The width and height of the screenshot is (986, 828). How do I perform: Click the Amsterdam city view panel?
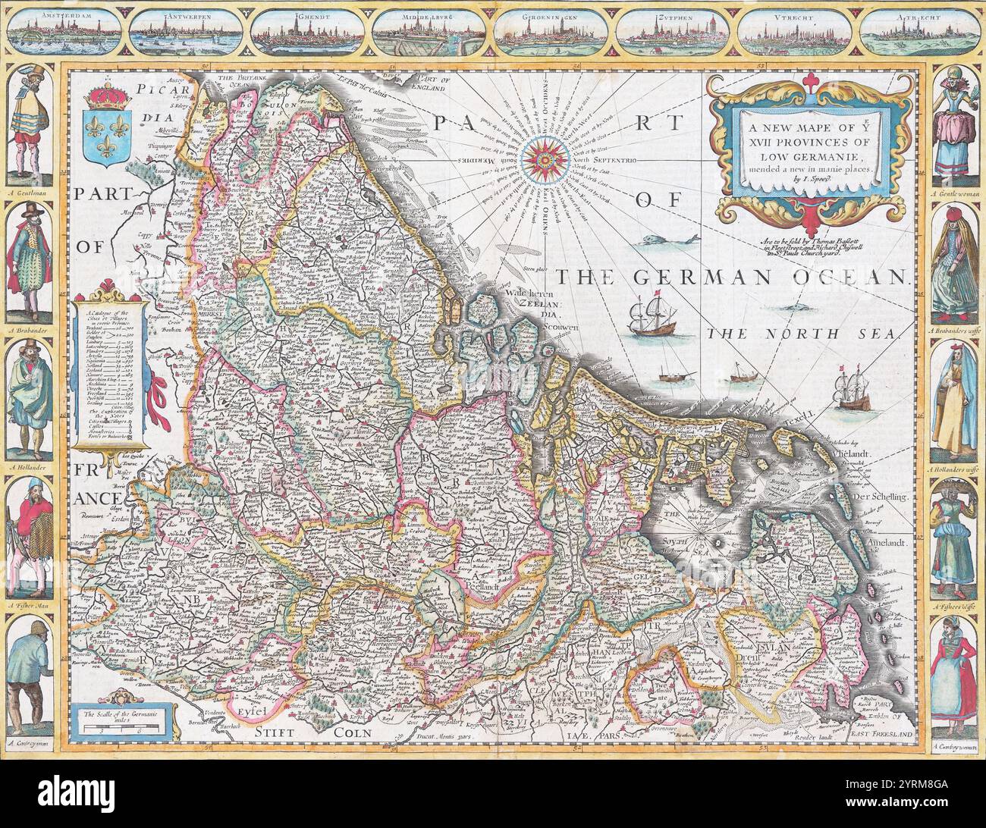tap(65, 32)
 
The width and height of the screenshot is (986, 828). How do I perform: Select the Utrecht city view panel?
tap(797, 32)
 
